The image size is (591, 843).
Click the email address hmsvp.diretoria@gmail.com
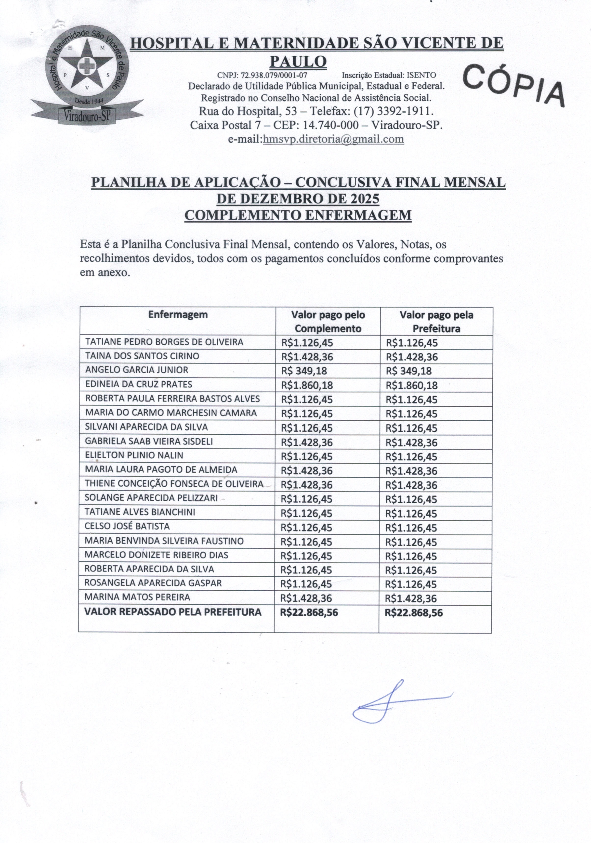(333, 139)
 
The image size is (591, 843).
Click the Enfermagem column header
(178, 315)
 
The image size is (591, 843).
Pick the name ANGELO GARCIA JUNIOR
(137, 370)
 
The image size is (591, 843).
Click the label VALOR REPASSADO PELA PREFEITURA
(173, 612)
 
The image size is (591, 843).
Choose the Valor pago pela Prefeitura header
(436, 321)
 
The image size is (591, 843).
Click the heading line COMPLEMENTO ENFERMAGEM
(298, 215)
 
